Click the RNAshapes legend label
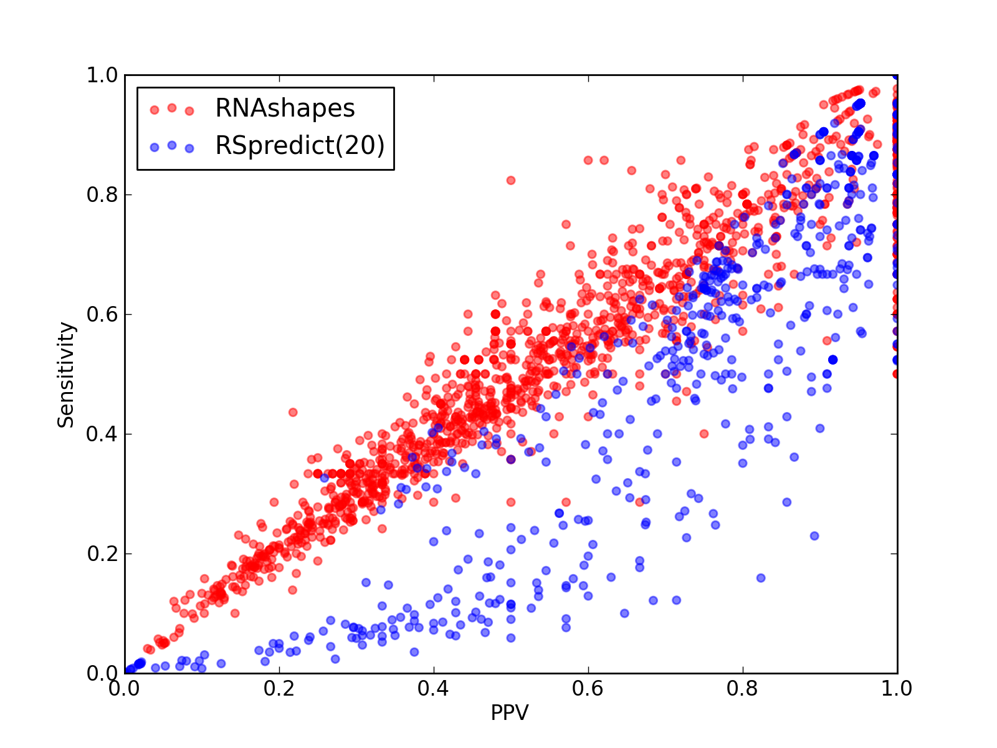285,108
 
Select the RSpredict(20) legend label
300,145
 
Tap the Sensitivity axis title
65,374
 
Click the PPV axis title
509,712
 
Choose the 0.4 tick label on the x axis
433,689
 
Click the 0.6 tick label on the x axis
588,689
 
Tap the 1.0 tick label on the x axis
896,689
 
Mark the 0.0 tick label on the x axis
124,689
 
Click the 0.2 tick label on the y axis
102,554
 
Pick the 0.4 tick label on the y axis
102,434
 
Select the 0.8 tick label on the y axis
102,194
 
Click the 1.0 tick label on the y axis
102,75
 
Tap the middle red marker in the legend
172,108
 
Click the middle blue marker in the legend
172,145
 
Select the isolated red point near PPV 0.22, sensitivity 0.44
293,413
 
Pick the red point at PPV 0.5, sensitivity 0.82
510,180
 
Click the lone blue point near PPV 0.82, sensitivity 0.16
761,578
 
